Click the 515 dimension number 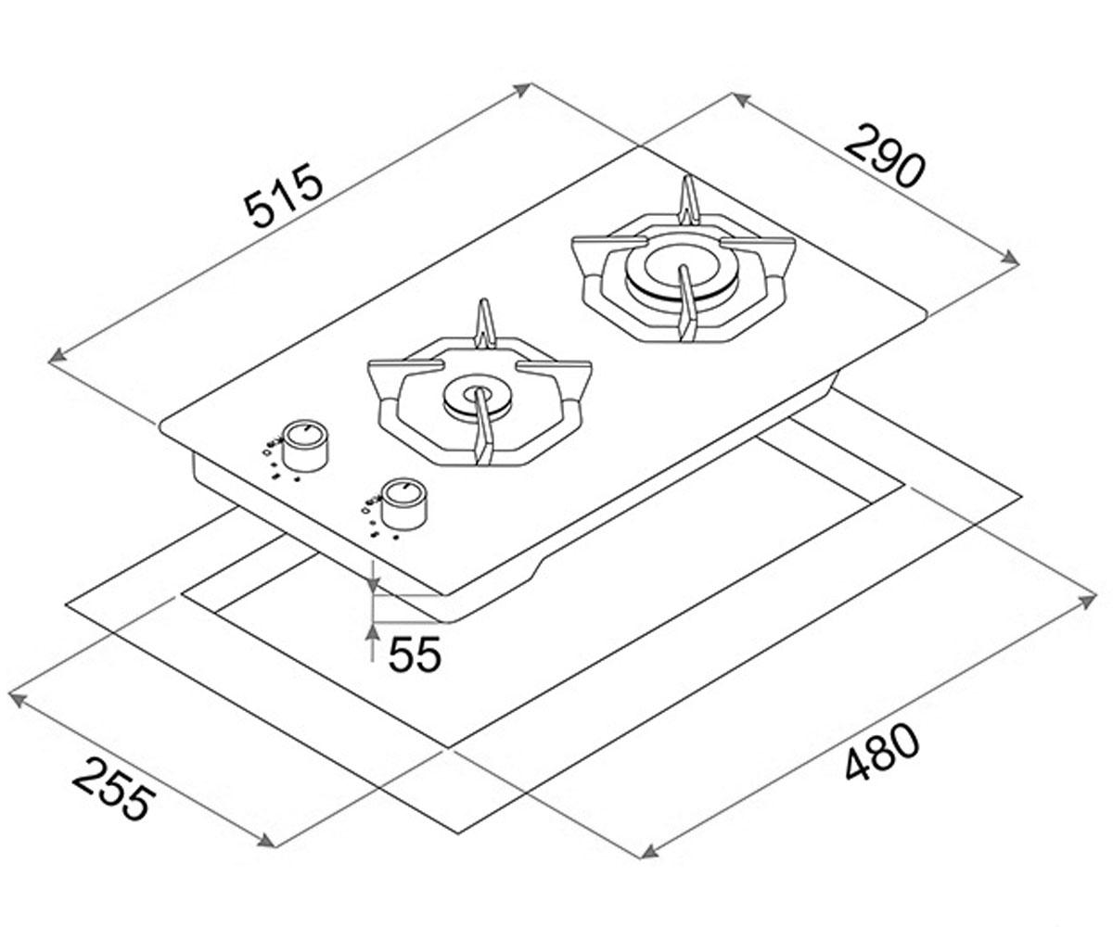(x=284, y=195)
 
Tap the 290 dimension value (x=886, y=157)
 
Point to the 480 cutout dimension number (x=883, y=751)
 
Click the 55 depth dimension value (x=415, y=654)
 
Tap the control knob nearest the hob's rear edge (x=304, y=446)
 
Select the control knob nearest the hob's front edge (x=405, y=505)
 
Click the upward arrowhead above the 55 (x=373, y=634)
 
